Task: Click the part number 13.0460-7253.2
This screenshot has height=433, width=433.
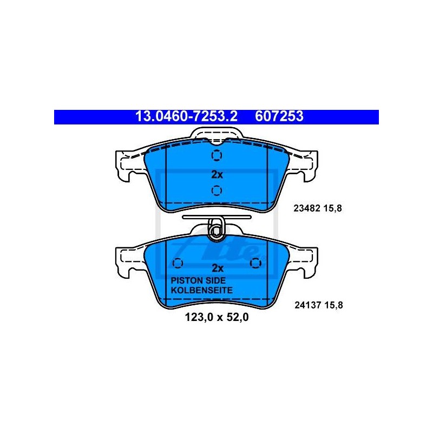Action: click(x=186, y=116)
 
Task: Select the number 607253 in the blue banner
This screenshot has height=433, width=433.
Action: click(x=279, y=116)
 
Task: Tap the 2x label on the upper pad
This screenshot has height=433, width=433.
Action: click(x=217, y=174)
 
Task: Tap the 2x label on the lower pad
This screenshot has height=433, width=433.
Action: click(x=218, y=268)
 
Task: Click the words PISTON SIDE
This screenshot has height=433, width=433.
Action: click(x=198, y=280)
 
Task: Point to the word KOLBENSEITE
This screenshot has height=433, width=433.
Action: click(x=201, y=290)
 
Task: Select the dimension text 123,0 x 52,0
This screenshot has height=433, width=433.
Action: click(x=217, y=317)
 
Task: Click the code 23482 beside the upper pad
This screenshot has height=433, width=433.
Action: click(x=306, y=208)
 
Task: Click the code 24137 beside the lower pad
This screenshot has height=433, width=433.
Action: click(x=307, y=305)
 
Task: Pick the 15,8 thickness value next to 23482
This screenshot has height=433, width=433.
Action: click(x=333, y=208)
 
